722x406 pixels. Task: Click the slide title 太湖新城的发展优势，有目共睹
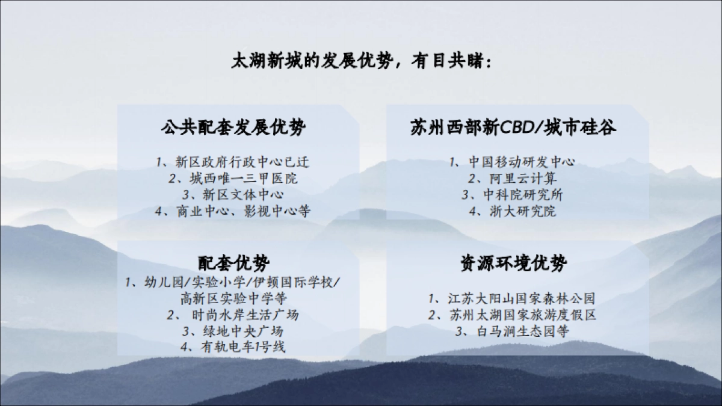click(361, 63)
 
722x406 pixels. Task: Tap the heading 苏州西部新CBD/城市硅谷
click(513, 128)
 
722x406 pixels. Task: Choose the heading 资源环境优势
click(513, 263)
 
